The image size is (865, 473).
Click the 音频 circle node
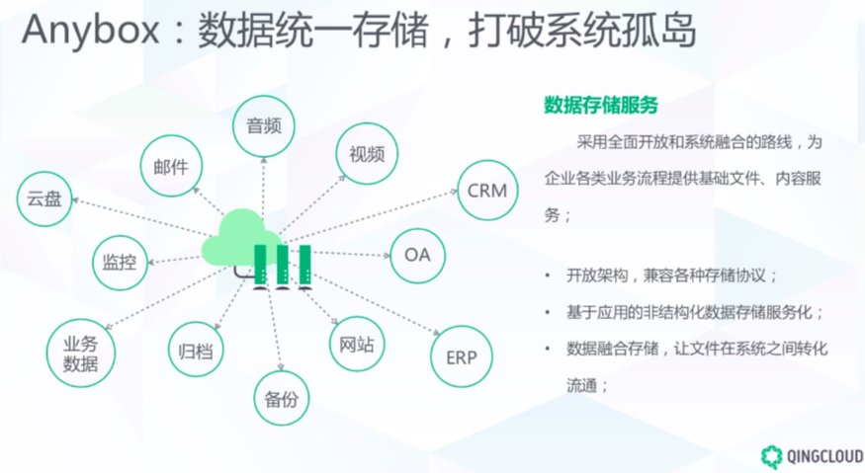pyautogui.click(x=264, y=126)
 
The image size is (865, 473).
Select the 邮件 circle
pyautogui.click(x=171, y=166)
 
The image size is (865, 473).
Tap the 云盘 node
pyautogui.click(x=44, y=199)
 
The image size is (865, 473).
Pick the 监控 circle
pyautogui.click(x=120, y=263)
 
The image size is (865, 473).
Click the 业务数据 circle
pyautogui.click(x=80, y=353)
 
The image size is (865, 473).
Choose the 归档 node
pyautogui.click(x=196, y=350)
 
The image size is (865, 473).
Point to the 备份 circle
pyautogui.click(x=282, y=398)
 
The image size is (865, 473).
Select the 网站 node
pyautogui.click(x=357, y=344)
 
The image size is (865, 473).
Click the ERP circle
pyautogui.click(x=462, y=356)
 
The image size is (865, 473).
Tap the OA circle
pyautogui.click(x=417, y=255)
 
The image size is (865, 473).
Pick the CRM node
pyautogui.click(x=487, y=191)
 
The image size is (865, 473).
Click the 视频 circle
pyautogui.click(x=367, y=154)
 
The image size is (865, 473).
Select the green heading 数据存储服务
pyautogui.click(x=601, y=105)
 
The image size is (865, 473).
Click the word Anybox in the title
pyautogui.click(x=91, y=30)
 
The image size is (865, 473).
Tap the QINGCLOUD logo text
pyautogui.click(x=825, y=456)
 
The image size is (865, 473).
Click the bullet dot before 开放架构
pyautogui.click(x=548, y=276)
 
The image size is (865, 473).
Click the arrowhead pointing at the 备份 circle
pyautogui.click(x=280, y=366)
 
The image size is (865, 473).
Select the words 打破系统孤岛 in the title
pyautogui.click(x=582, y=30)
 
